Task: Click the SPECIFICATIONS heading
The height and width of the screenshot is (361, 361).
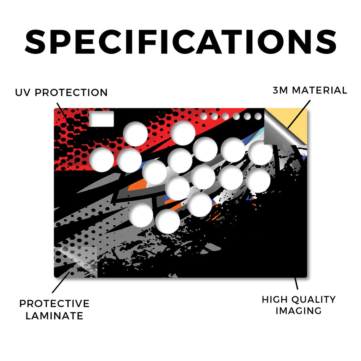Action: (x=180, y=42)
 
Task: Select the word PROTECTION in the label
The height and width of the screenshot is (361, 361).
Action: (x=71, y=93)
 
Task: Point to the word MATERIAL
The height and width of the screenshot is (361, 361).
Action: (x=319, y=90)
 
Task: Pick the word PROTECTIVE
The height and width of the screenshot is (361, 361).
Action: (x=54, y=304)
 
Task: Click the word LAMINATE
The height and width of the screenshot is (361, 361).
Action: (x=54, y=316)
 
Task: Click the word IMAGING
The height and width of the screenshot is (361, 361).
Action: (x=299, y=311)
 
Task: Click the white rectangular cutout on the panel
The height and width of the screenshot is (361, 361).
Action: (x=101, y=119)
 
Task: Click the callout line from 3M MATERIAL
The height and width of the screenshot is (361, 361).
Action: (x=299, y=114)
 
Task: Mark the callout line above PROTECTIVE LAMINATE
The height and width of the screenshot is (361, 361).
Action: (x=61, y=282)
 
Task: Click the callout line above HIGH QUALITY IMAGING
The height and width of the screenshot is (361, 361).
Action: (x=296, y=283)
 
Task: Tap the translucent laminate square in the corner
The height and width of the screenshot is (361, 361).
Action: (x=76, y=262)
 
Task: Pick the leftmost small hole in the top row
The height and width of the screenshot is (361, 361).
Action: (x=203, y=116)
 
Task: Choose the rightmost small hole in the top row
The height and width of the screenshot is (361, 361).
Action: (x=258, y=116)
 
